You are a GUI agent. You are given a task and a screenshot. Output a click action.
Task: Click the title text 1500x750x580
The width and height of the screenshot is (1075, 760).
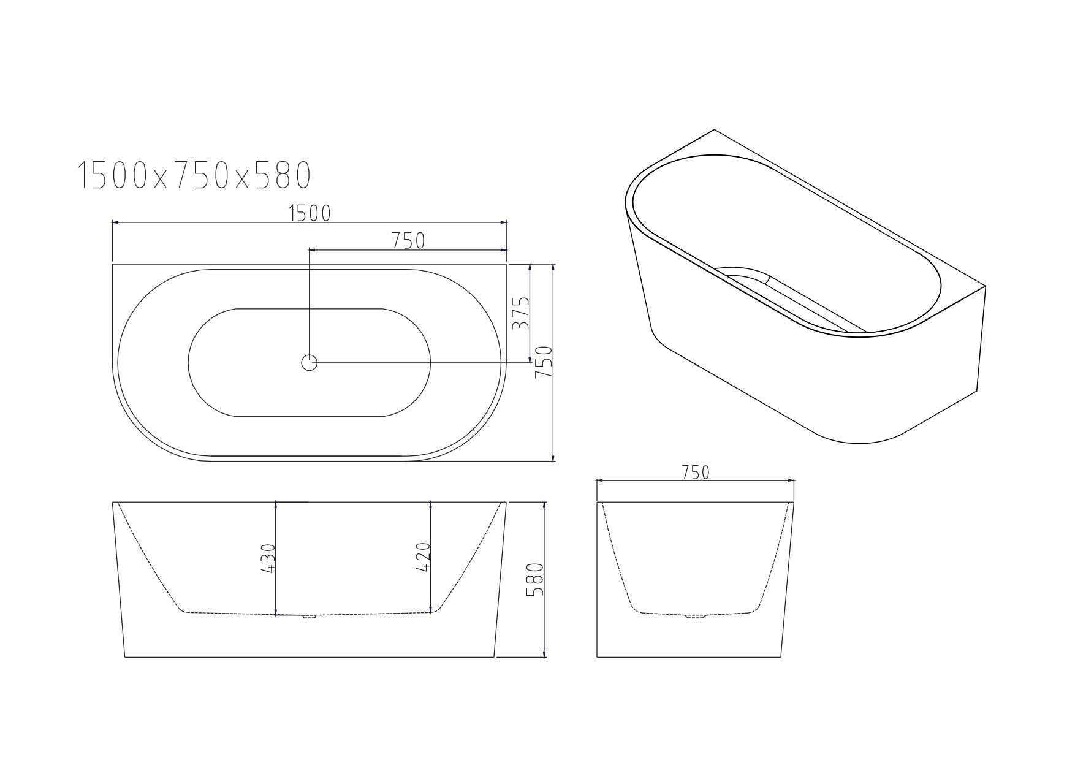[194, 175]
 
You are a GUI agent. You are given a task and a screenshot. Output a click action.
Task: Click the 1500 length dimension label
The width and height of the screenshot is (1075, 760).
[310, 213]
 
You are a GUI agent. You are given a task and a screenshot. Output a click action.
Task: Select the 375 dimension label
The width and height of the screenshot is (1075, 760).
[520, 313]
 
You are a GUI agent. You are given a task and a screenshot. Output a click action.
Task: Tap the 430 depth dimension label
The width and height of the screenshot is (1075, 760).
[268, 558]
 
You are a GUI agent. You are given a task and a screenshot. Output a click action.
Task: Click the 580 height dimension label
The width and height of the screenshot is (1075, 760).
[535, 580]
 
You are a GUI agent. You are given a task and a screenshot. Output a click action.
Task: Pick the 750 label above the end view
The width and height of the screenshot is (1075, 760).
[695, 473]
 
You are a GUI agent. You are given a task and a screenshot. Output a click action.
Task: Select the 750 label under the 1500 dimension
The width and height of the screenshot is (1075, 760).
[408, 241]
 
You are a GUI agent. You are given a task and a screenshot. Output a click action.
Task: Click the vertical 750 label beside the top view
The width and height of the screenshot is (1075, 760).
[544, 362]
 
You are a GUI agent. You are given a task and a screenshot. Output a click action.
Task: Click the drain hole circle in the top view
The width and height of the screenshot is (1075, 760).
[310, 363]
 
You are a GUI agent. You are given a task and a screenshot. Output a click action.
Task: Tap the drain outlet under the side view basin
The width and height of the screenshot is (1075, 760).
[310, 616]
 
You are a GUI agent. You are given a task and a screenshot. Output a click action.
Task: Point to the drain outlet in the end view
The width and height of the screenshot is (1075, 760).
[695, 616]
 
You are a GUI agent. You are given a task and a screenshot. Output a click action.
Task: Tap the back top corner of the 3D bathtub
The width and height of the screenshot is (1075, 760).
[714, 130]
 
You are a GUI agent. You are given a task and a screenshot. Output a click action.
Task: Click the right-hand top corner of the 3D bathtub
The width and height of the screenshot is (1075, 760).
[984, 286]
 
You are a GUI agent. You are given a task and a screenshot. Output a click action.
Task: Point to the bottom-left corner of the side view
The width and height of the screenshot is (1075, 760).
[125, 657]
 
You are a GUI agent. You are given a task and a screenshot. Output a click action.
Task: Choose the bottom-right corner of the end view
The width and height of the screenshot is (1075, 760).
[781, 657]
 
